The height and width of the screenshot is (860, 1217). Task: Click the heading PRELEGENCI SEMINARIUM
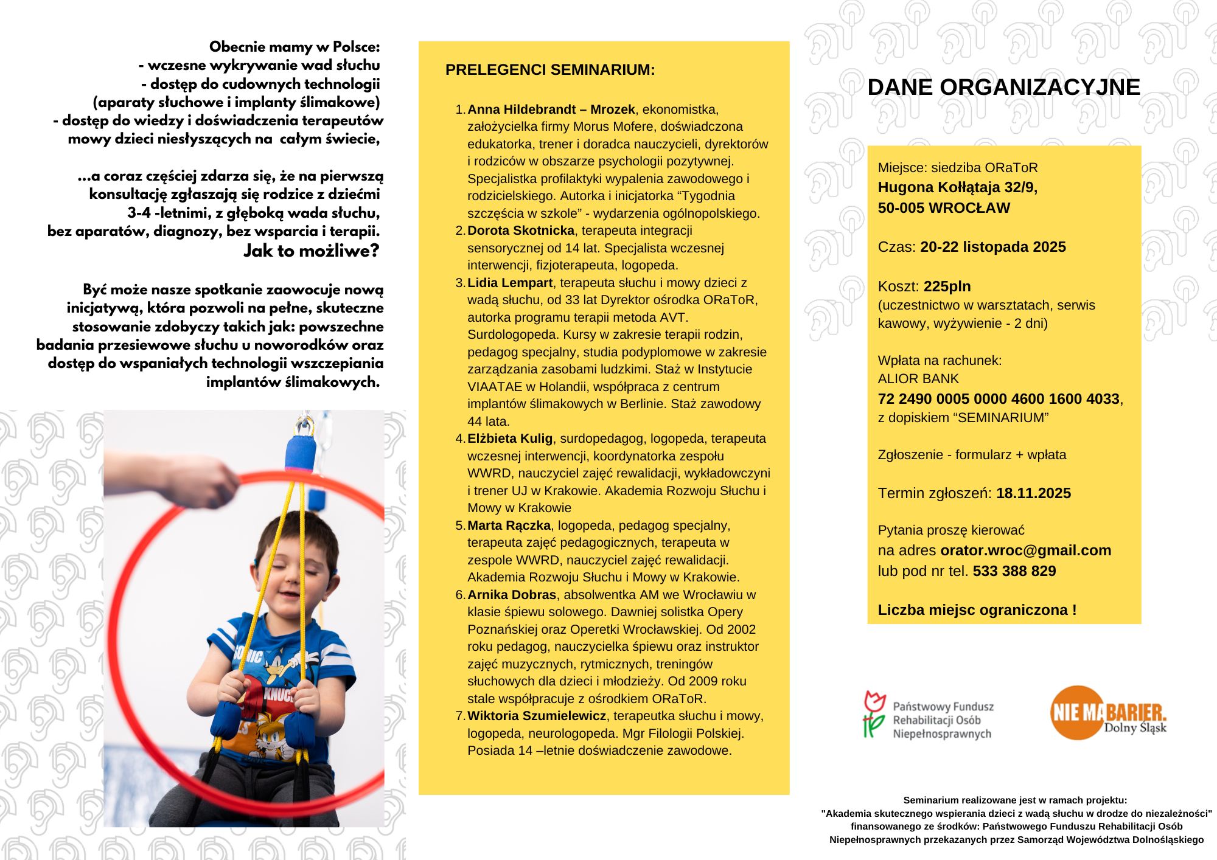point(550,70)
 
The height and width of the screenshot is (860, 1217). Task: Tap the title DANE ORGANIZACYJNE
point(1003,87)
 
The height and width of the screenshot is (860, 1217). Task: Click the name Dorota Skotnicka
point(521,231)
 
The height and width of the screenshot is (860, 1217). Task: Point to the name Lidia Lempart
point(510,283)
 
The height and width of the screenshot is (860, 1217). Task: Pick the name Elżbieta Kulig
point(510,439)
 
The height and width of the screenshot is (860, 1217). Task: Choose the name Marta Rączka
point(509,525)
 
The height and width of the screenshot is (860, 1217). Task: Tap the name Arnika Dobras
point(512,595)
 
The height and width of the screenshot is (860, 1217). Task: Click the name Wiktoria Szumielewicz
point(537,716)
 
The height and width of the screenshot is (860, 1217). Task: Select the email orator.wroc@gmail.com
point(1025,550)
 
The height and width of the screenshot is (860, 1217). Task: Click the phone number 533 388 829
point(1014,571)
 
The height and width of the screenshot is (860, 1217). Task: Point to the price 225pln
point(947,286)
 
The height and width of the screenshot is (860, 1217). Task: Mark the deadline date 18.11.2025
point(1033,493)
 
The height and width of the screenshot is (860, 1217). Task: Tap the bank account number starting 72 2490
point(999,399)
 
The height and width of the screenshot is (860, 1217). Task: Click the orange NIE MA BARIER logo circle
point(1077,713)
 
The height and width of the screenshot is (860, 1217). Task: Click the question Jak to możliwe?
point(311,251)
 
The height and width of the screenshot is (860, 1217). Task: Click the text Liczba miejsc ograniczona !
point(977,610)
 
